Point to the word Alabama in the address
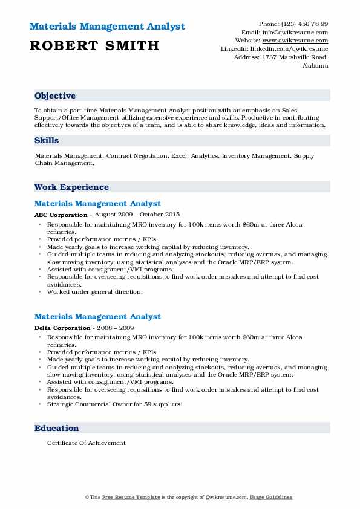click(x=315, y=65)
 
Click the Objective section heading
click(x=55, y=96)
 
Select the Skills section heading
click(x=47, y=140)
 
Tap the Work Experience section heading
click(x=71, y=187)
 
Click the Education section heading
click(x=57, y=428)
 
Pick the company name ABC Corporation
click(x=61, y=215)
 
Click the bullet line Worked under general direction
click(x=95, y=292)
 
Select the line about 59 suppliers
click(x=114, y=404)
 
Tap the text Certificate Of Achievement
click(x=87, y=443)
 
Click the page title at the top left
click(x=106, y=27)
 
